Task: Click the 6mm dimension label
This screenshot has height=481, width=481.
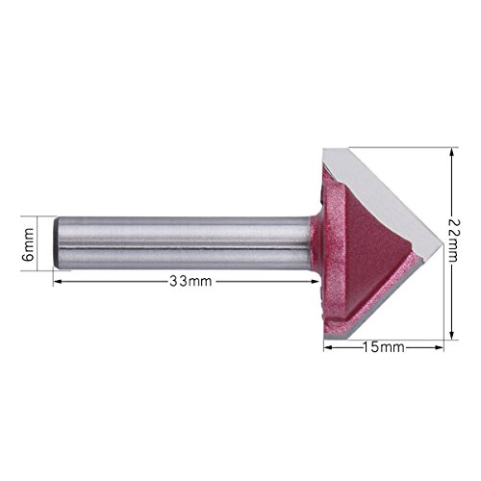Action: [x=29, y=244]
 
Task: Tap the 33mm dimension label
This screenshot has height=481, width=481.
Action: [x=190, y=282]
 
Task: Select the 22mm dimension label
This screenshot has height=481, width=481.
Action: [x=452, y=240]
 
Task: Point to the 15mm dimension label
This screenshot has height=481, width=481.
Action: [x=384, y=347]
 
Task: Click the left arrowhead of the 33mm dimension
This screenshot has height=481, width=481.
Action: [x=57, y=282]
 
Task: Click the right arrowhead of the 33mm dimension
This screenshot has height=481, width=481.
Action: [x=316, y=282]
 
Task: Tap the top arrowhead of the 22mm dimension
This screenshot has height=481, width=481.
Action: [x=452, y=152]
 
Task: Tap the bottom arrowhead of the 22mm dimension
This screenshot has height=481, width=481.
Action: [x=452, y=335]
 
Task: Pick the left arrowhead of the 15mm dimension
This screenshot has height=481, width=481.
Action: [x=328, y=347]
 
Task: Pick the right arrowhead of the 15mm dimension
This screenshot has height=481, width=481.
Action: [x=440, y=347]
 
